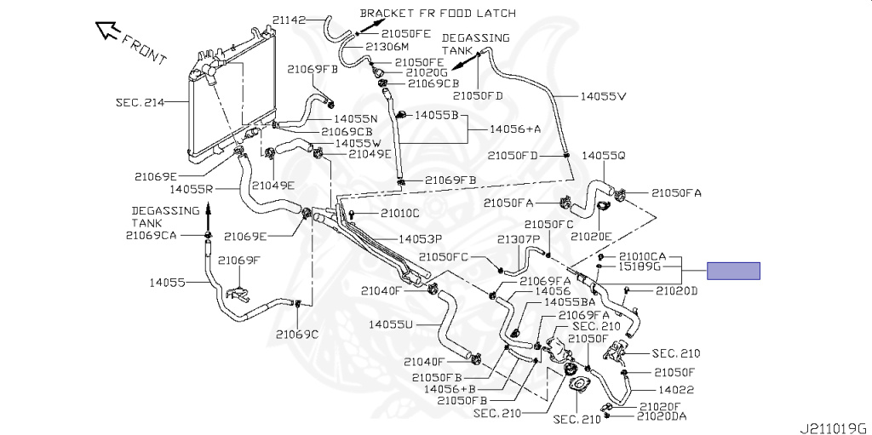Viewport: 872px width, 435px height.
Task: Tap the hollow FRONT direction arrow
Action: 110,31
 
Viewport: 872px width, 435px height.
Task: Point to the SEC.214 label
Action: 141,101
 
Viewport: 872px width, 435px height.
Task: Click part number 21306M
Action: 387,47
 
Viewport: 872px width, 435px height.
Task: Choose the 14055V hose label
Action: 603,96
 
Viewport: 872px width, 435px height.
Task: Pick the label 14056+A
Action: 515,129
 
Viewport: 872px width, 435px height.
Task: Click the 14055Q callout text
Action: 604,156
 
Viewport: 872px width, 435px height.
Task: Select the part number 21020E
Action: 591,236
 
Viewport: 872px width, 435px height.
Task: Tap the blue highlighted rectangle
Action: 733,272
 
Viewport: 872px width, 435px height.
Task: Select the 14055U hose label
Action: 391,323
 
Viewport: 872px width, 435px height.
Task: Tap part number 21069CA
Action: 151,235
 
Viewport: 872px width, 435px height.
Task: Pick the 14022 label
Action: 676,389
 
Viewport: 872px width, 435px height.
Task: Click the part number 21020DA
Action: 662,416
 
